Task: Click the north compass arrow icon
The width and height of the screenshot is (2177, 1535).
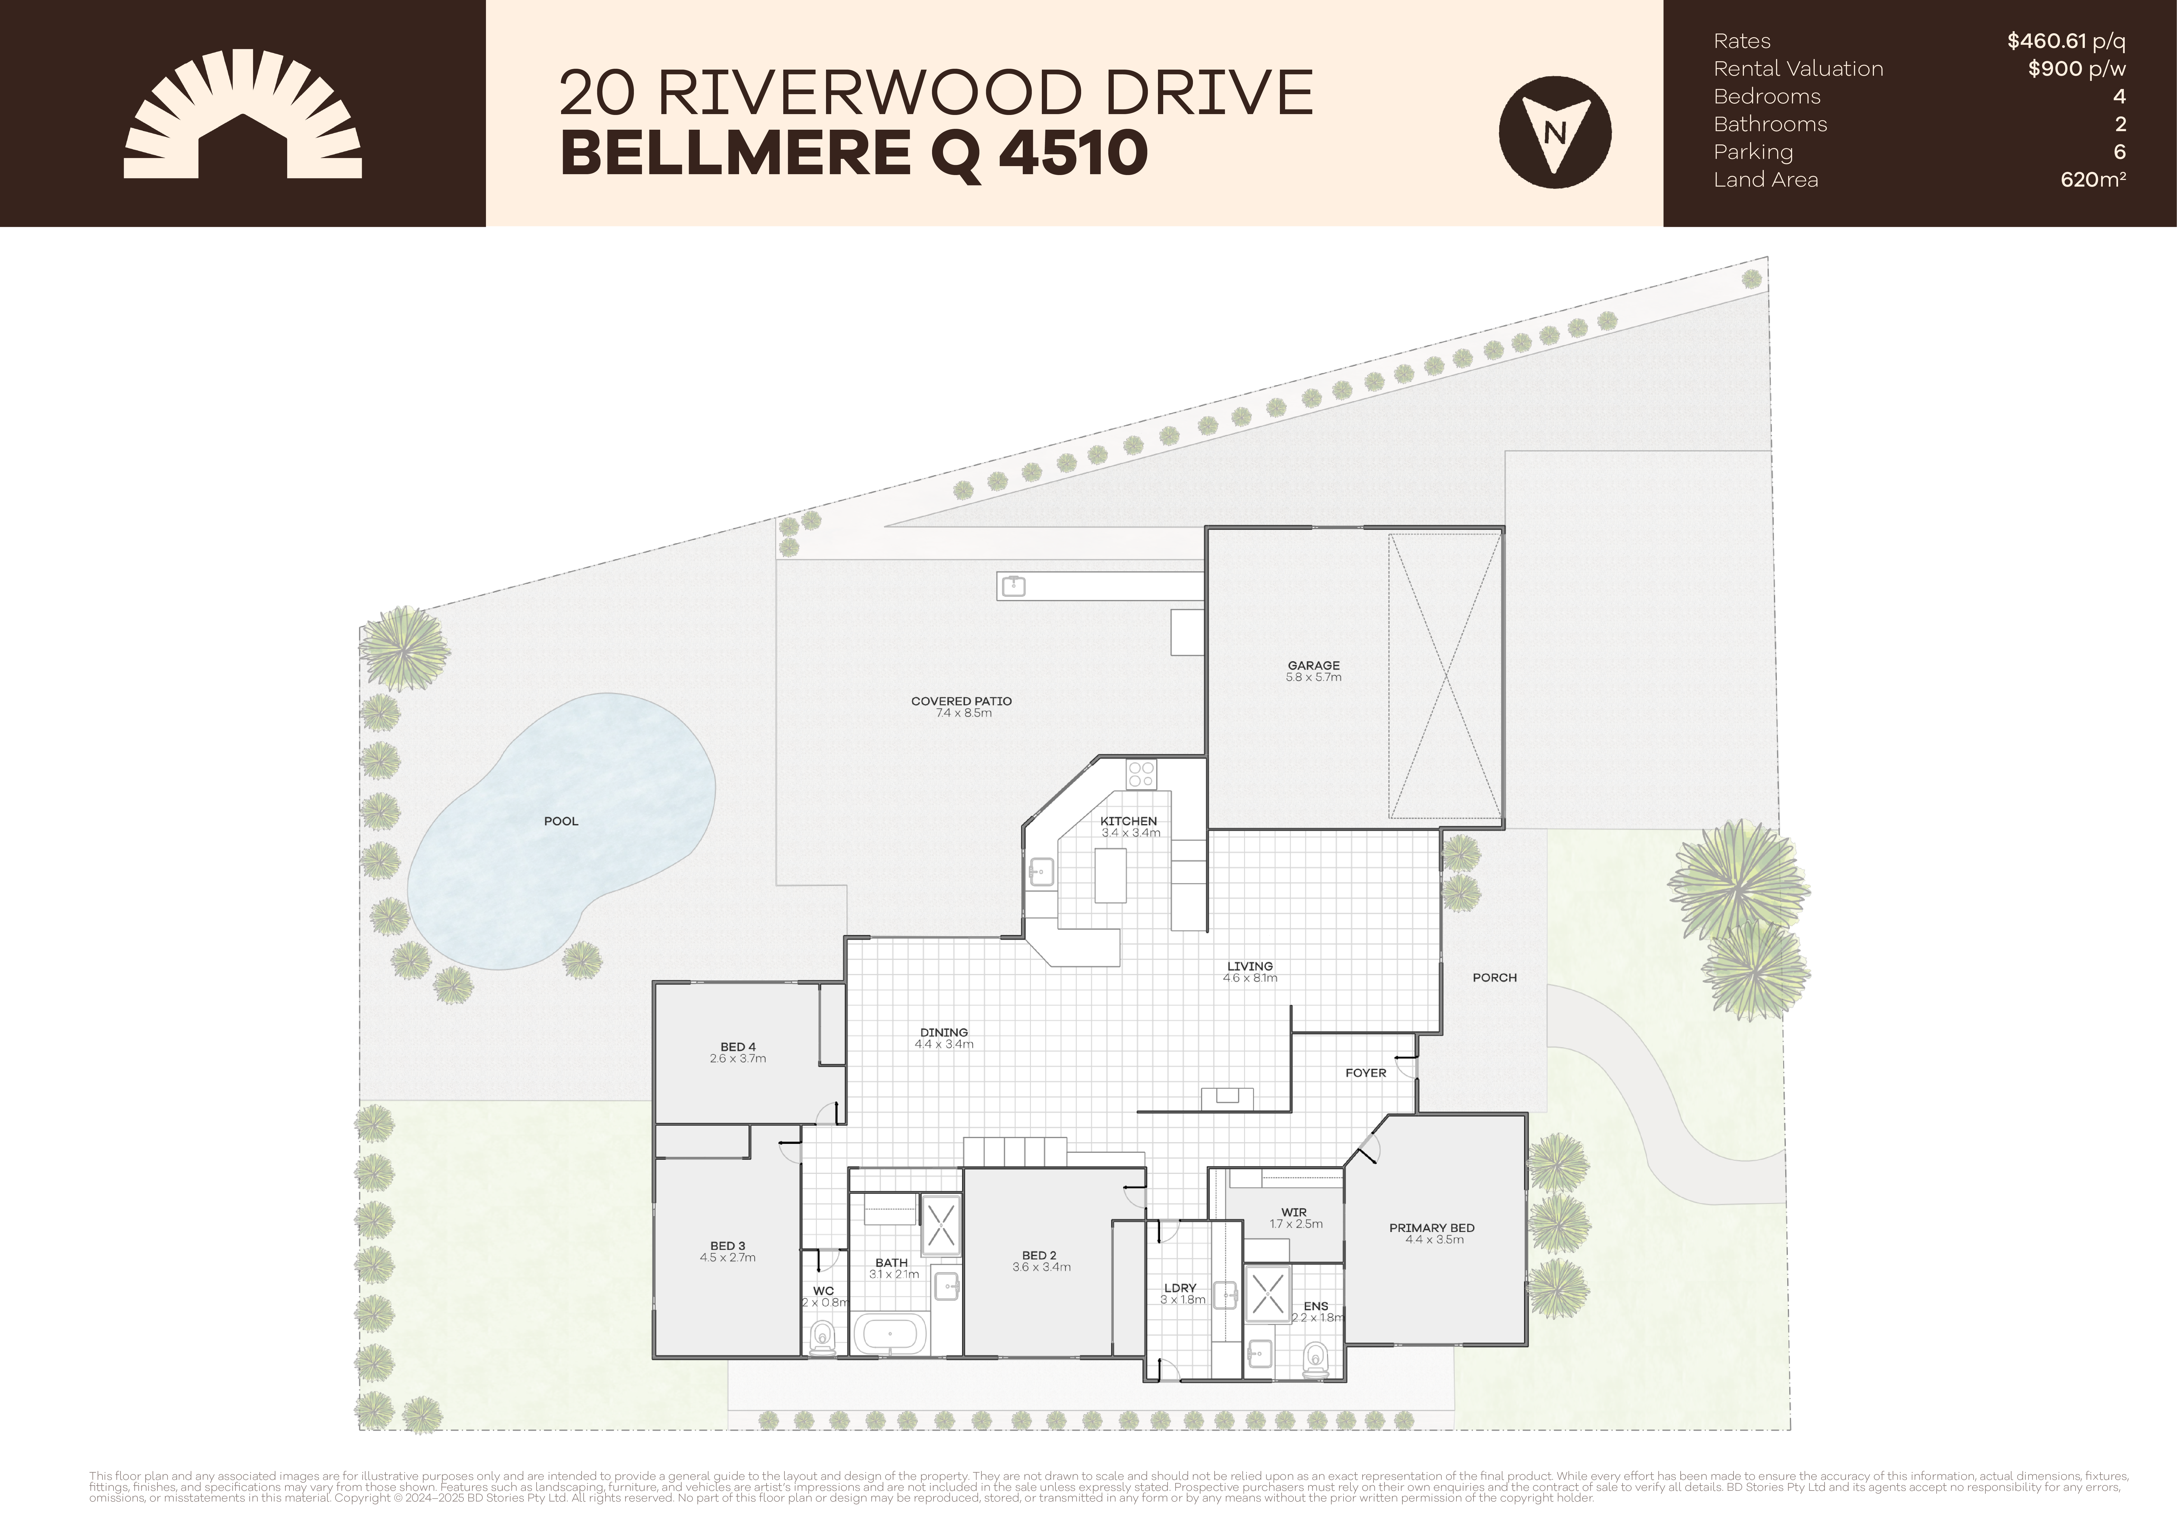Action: coord(1554,132)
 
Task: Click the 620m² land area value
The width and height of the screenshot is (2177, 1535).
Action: coord(2093,179)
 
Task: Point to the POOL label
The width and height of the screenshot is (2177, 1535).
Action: coord(561,821)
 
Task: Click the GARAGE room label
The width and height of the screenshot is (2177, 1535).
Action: coord(1313,666)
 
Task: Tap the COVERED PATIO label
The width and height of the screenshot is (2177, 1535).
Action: coord(960,702)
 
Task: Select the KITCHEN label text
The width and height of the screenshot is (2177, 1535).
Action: coord(1128,821)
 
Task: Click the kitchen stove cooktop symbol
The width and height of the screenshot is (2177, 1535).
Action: coord(1142,774)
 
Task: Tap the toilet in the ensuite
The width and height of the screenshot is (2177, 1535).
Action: coord(1315,1358)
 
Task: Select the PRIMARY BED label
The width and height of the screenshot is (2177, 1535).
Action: coord(1431,1228)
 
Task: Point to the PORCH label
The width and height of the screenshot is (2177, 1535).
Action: coord(1494,978)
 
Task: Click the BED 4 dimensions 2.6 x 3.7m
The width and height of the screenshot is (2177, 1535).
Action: coord(738,1059)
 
